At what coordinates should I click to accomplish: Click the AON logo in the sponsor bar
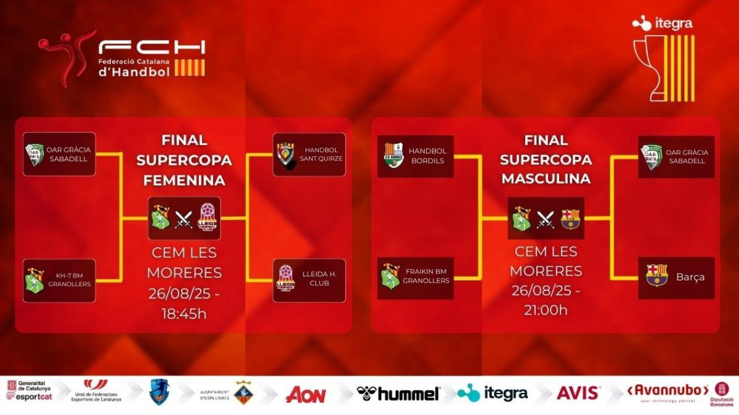[x=305, y=394]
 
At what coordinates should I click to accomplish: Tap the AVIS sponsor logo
[x=578, y=393]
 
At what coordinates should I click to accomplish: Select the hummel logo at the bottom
[x=399, y=393]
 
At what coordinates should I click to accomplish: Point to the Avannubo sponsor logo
[x=668, y=392]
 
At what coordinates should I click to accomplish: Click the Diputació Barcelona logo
[x=722, y=393]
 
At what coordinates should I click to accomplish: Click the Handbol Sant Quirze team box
[x=309, y=154]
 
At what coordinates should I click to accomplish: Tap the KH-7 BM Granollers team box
[x=59, y=280]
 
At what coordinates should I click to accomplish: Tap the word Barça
[x=690, y=277]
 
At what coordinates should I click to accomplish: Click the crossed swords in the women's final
[x=184, y=219]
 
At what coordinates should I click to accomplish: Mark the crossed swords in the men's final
[x=545, y=219]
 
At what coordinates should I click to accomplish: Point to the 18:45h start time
[x=184, y=314]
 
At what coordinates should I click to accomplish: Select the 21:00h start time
[x=546, y=310]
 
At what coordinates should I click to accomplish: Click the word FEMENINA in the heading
[x=184, y=180]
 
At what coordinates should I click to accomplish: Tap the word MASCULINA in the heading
[x=546, y=178]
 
